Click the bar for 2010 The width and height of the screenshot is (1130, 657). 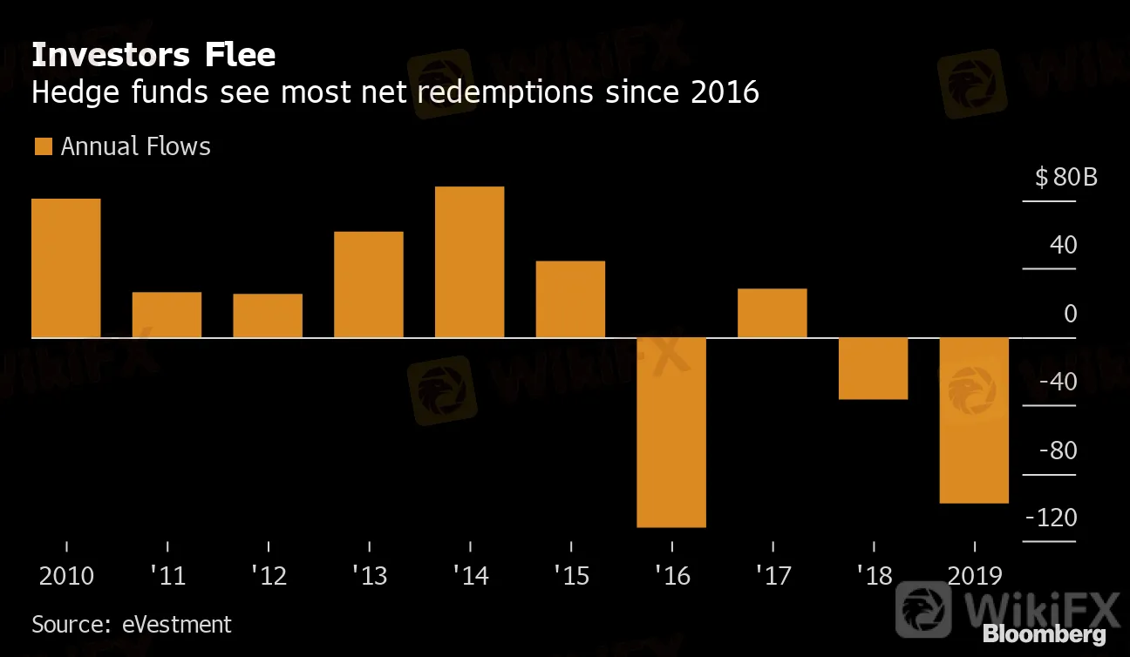(66, 268)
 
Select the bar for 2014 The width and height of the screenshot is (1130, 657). (469, 261)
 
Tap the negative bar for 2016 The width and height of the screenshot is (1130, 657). (671, 432)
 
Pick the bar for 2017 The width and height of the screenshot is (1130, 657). (772, 313)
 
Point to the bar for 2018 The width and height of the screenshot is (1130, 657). (873, 368)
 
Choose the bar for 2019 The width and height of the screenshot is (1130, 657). (974, 420)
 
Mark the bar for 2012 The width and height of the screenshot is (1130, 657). (268, 315)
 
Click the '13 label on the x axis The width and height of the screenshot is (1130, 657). (369, 576)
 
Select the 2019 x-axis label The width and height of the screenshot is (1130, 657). (974, 576)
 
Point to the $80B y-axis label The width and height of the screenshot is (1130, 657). (1065, 179)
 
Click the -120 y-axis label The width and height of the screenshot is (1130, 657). (1052, 518)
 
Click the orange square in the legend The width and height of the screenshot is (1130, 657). (43, 146)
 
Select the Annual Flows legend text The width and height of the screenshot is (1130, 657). (136, 146)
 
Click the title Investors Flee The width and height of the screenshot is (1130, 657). (153, 56)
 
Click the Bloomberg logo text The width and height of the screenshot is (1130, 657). (1044, 634)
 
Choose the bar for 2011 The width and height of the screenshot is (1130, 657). (167, 315)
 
